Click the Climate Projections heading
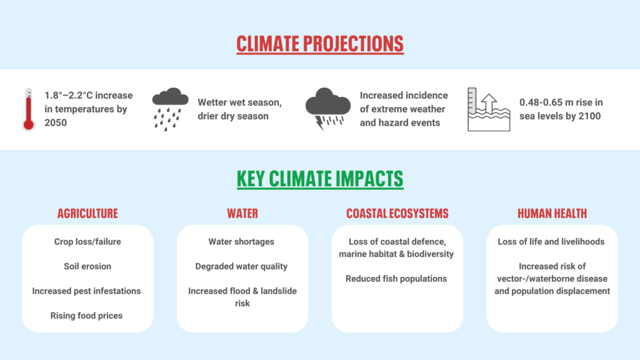(320, 44)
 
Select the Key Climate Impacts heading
(320, 179)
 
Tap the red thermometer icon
(28, 109)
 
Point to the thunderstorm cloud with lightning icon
(327, 108)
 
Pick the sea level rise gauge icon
(489, 109)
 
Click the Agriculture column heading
(87, 214)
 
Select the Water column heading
(242, 214)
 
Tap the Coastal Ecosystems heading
(397, 214)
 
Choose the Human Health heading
(552, 214)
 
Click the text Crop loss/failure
(87, 241)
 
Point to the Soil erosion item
(87, 266)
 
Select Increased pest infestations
(87, 291)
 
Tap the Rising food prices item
(87, 316)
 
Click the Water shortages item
(241, 241)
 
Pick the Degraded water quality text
(241, 266)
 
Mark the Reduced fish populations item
(396, 279)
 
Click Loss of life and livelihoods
(551, 241)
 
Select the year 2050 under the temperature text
(56, 122)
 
